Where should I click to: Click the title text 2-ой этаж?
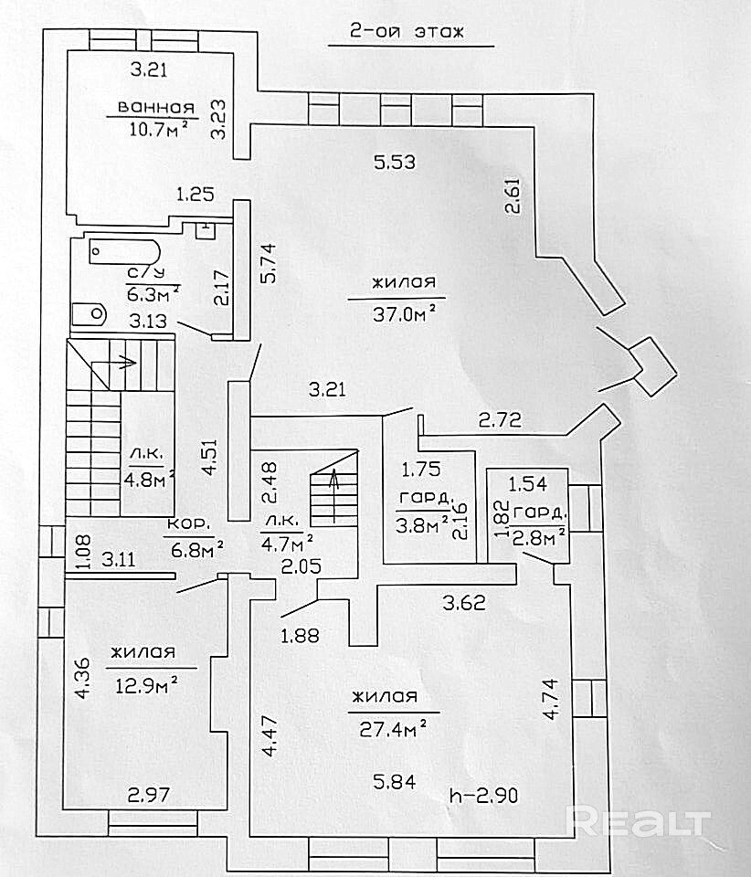(407, 33)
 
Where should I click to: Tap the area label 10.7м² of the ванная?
(159, 127)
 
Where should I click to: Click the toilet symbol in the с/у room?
(90, 313)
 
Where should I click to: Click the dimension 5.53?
(395, 163)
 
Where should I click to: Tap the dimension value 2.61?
(515, 195)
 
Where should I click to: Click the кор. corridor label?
(189, 525)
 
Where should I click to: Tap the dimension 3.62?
(463, 604)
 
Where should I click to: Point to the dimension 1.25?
(195, 193)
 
